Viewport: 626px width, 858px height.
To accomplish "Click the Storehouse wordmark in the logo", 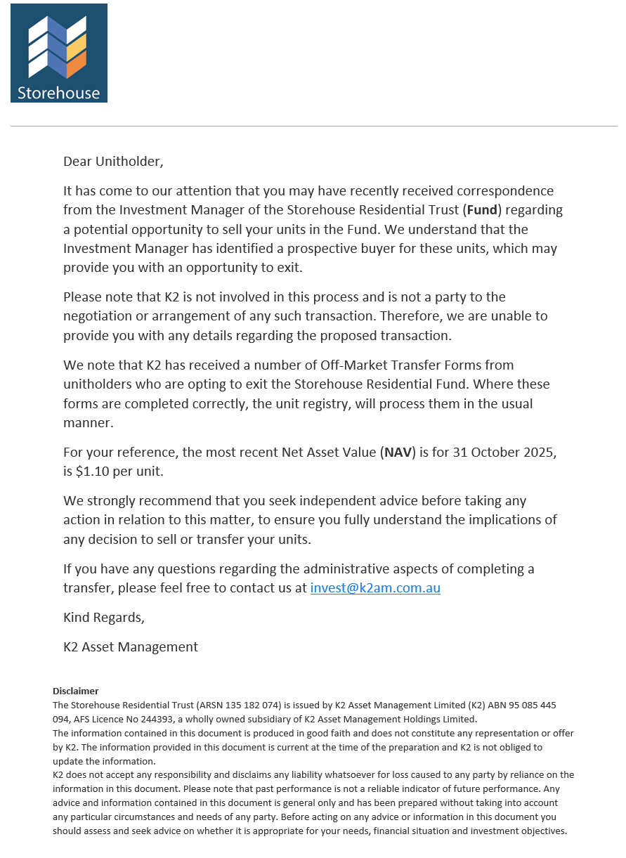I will [x=58, y=93].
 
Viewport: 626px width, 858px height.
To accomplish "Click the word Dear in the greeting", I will [x=77, y=161].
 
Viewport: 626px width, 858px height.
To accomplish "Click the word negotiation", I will [x=98, y=316].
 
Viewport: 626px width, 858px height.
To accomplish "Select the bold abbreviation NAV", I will [x=398, y=453].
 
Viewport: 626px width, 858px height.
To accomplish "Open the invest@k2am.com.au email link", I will [x=375, y=588].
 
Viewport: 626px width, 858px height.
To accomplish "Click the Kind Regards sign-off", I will [x=104, y=618].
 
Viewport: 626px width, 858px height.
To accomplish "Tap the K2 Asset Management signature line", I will [x=131, y=647].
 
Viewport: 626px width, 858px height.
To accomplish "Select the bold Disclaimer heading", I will [x=76, y=691].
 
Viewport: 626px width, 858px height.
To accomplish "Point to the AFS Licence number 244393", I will [x=166, y=720].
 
